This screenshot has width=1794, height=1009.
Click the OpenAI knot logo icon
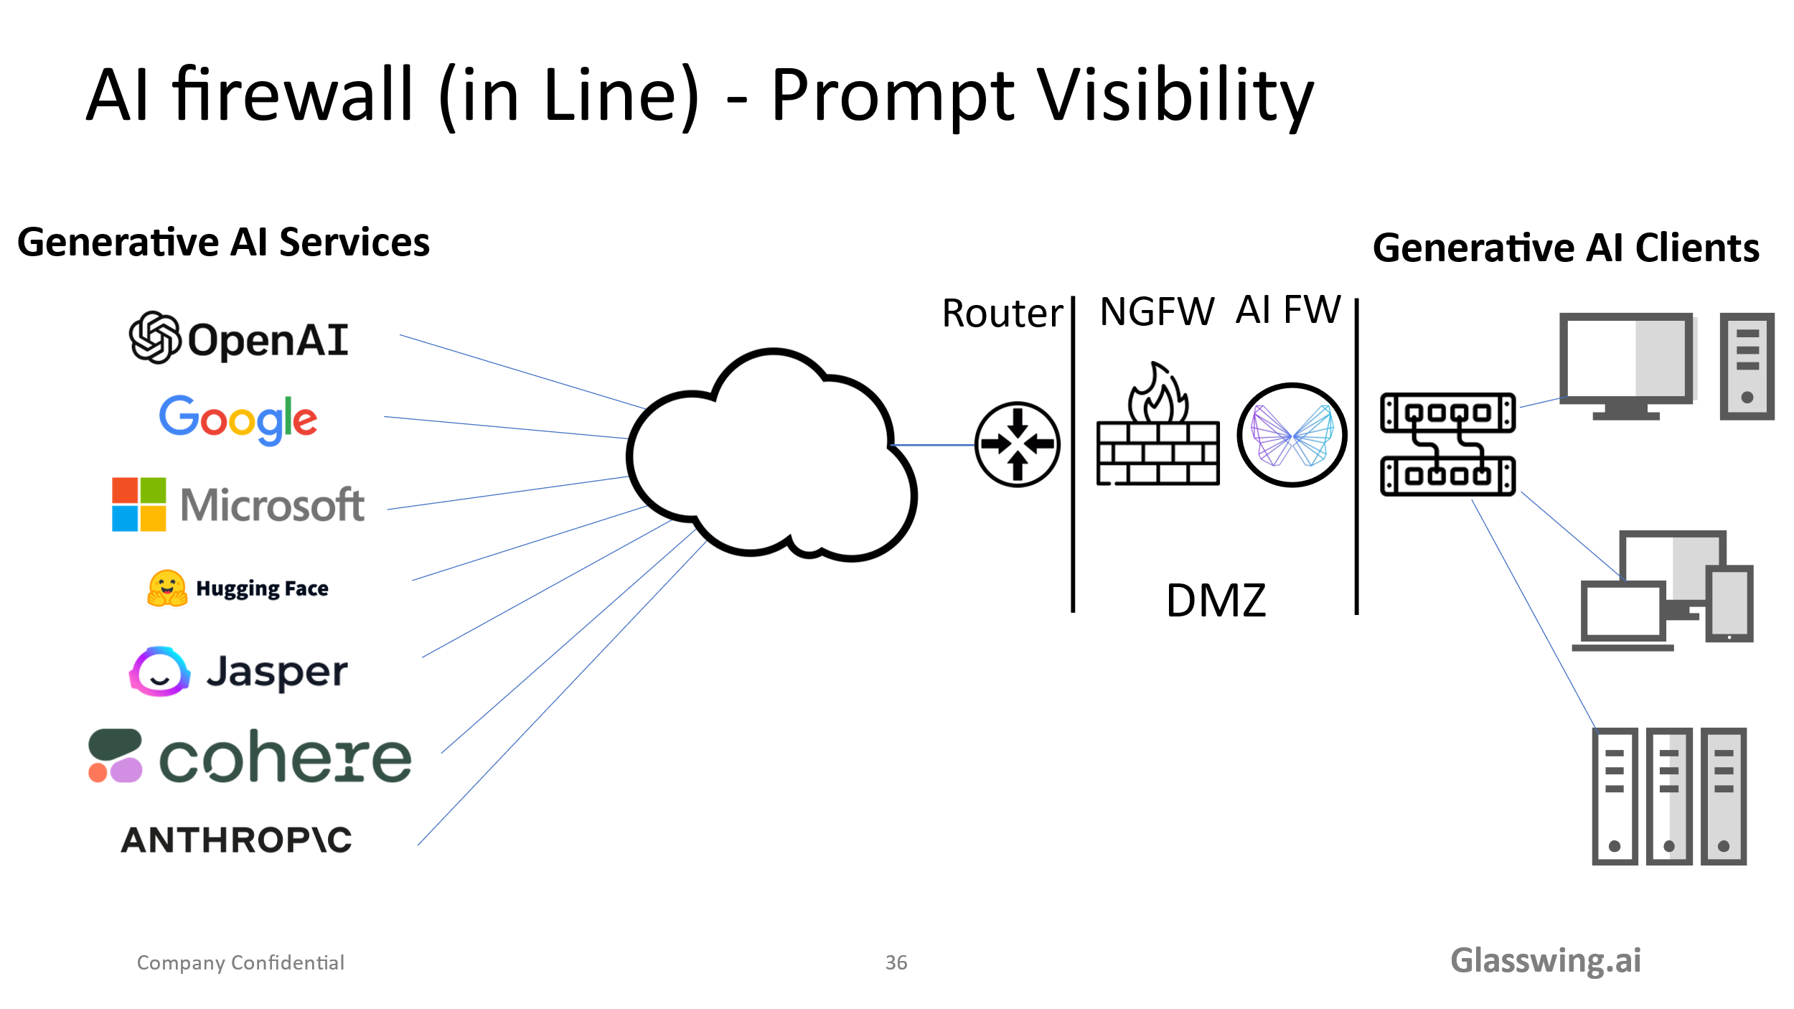(x=154, y=337)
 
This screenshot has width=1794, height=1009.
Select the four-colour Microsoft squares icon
(x=139, y=504)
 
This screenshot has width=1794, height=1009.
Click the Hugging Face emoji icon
(x=167, y=588)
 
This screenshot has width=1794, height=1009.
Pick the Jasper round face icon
(x=160, y=672)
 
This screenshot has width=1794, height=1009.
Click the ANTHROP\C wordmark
(x=237, y=840)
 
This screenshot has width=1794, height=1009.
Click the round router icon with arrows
(x=1017, y=444)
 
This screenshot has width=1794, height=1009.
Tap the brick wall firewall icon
(x=1157, y=431)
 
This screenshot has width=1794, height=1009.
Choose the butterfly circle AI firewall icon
(x=1292, y=435)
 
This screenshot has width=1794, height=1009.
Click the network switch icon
(x=1447, y=444)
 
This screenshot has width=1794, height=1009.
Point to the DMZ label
(x=1216, y=601)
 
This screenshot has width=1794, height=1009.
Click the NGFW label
(x=1157, y=311)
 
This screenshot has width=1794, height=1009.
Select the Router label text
(x=1002, y=313)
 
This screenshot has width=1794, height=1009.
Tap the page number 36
(x=896, y=962)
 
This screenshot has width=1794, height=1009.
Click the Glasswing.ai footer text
(x=1546, y=960)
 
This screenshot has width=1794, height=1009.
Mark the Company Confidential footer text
(x=240, y=962)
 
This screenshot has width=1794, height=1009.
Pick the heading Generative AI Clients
(x=1566, y=248)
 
